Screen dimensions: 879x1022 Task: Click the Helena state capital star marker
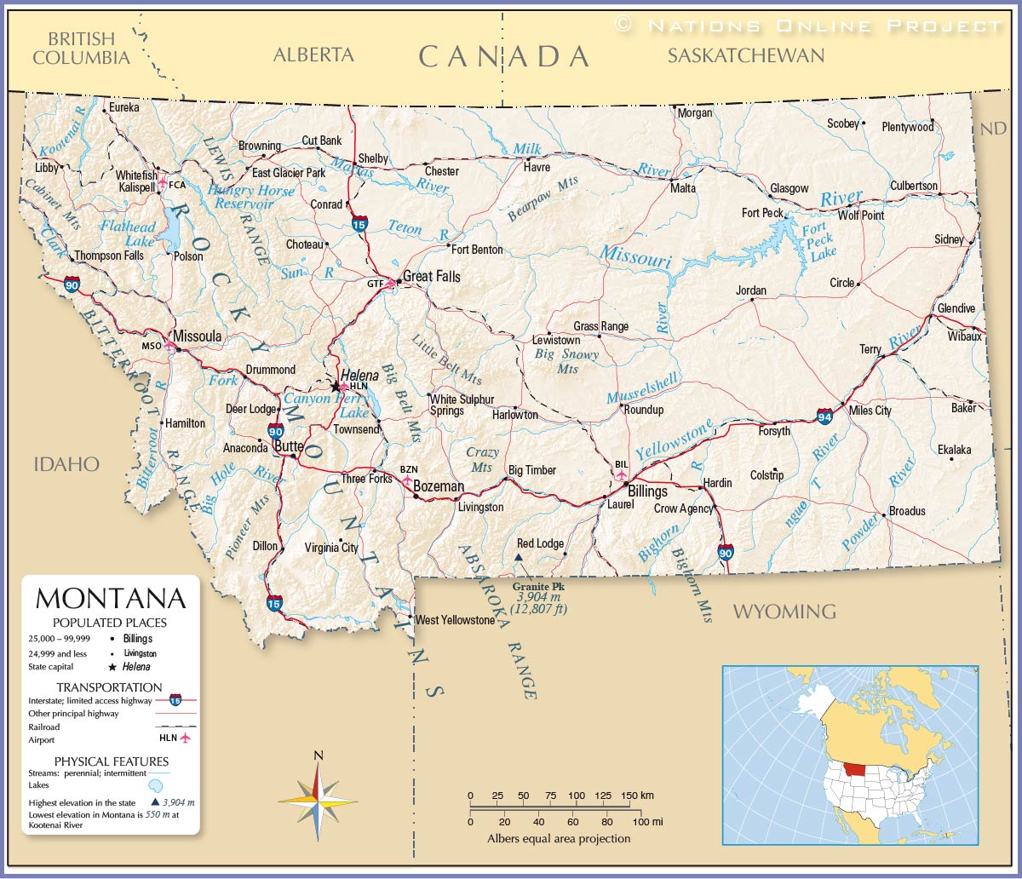coord(336,386)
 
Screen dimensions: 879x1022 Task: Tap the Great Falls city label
coord(431,276)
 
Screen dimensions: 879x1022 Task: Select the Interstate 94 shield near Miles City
coord(824,416)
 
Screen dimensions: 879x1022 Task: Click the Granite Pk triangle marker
coord(519,558)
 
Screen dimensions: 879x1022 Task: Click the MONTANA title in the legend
coord(110,598)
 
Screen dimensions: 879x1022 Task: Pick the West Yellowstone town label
coord(455,620)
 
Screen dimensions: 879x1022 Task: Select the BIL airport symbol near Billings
coord(622,474)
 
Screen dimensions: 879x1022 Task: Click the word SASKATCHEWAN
coord(745,56)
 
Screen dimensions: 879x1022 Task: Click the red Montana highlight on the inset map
coord(862,768)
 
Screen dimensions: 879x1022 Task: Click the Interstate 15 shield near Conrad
coord(360,224)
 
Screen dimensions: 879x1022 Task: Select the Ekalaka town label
coord(954,450)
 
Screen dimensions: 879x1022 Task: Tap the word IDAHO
coord(66,464)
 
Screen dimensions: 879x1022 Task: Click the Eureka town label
coord(123,107)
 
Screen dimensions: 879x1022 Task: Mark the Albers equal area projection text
coord(559,838)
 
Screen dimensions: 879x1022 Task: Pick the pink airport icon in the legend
coord(185,738)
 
